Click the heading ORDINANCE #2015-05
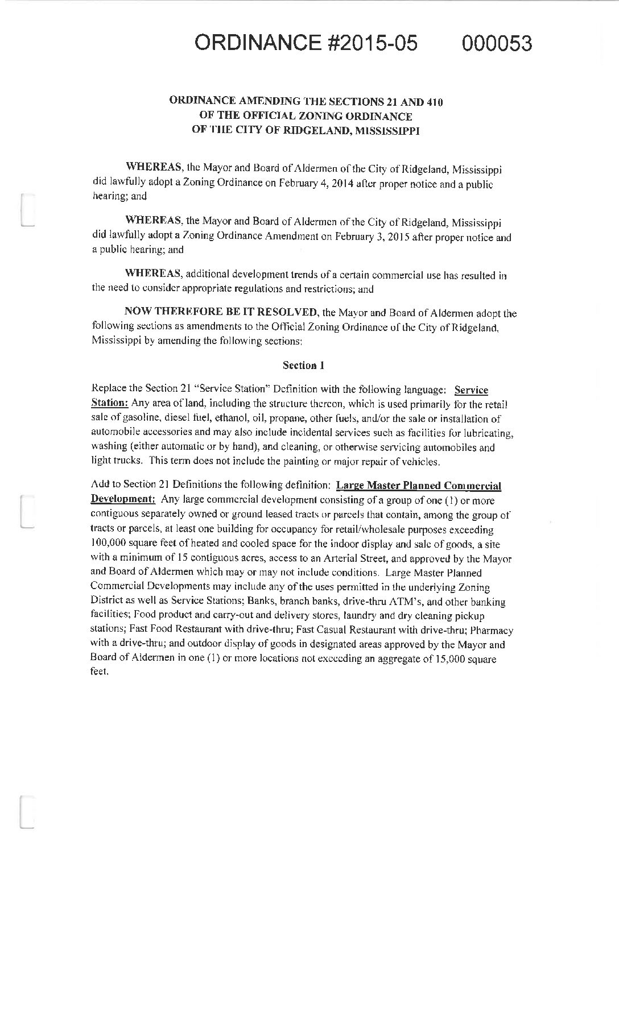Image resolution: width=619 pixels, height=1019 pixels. pyautogui.click(x=306, y=43)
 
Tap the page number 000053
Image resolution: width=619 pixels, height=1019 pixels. pyautogui.click(x=497, y=43)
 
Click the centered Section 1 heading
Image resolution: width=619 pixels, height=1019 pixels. pyautogui.click(x=304, y=366)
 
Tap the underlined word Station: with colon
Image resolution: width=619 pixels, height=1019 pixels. pyautogui.click(x=109, y=403)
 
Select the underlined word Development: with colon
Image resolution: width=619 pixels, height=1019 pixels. pyautogui.click(x=123, y=500)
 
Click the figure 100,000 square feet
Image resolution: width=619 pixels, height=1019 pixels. pyautogui.click(x=125, y=544)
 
